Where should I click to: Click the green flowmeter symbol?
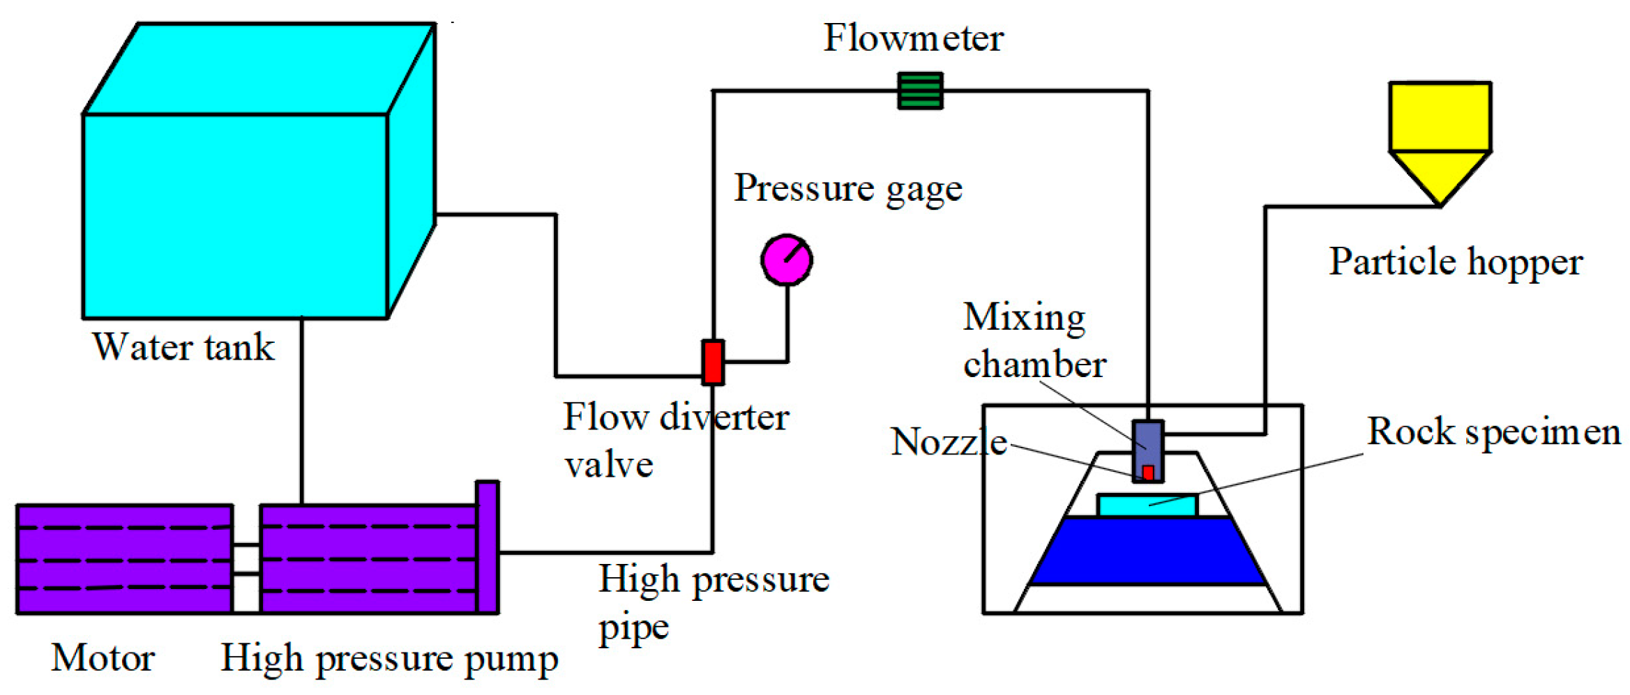[x=920, y=91]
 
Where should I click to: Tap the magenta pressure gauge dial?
[x=786, y=260]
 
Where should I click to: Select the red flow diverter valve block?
[x=712, y=362]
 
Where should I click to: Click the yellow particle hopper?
[x=1440, y=132]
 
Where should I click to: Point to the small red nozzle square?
[x=1148, y=473]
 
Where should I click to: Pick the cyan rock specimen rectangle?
[x=1147, y=505]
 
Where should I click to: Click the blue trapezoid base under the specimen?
[x=1147, y=551]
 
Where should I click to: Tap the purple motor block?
[x=124, y=559]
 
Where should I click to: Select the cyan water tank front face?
[x=235, y=216]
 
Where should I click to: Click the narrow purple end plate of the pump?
[x=487, y=547]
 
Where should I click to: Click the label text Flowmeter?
[x=913, y=38]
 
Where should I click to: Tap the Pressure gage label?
[x=847, y=188]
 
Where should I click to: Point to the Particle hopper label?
[x=1455, y=262]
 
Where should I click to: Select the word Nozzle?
[x=949, y=442]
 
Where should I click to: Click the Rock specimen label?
[x=1493, y=431]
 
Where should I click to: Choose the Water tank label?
[x=183, y=346]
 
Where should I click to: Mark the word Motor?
[x=103, y=657]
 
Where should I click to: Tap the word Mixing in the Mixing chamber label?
[x=1024, y=317]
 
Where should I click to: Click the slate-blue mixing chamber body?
[x=1147, y=441]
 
